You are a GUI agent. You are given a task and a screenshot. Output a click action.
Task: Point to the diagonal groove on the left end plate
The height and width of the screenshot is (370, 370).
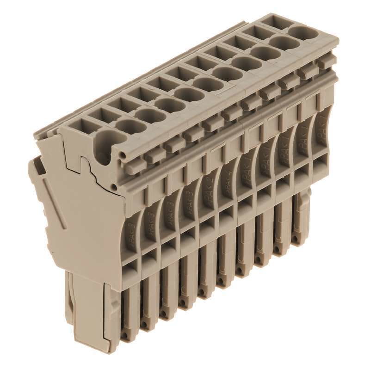pyautogui.click(x=53, y=203)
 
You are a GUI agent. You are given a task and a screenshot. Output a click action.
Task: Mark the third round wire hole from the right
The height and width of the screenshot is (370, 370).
pyautogui.click(x=265, y=53)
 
